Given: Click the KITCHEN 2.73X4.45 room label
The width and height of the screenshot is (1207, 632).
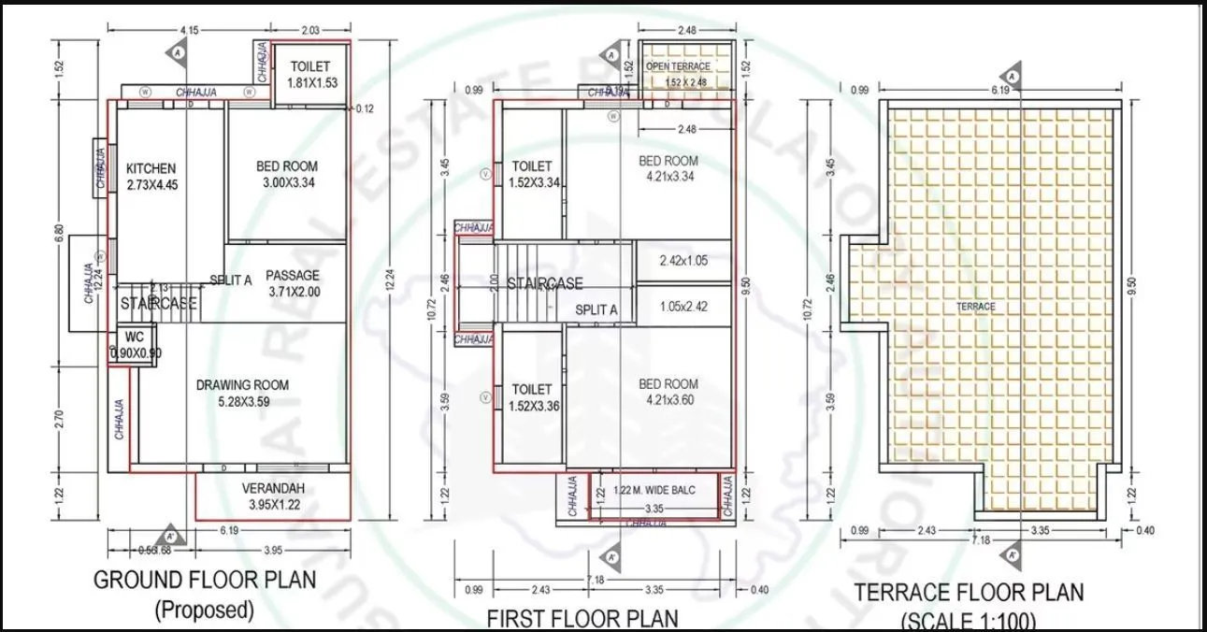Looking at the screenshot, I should click(x=151, y=177).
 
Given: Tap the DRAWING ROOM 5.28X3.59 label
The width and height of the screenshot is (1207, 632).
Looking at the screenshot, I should click(x=242, y=393).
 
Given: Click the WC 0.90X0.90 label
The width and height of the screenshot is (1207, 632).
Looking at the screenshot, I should click(x=134, y=346).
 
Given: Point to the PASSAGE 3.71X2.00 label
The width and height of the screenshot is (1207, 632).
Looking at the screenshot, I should click(x=293, y=283).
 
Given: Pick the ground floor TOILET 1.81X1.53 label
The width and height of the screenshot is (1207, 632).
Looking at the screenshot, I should click(x=312, y=75).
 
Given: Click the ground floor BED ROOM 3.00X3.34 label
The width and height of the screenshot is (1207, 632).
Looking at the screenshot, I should click(x=285, y=175).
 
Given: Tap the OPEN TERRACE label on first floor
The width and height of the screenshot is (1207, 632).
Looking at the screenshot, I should click(x=678, y=67).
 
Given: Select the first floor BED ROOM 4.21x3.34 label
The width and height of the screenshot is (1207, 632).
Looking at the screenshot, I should click(x=668, y=168).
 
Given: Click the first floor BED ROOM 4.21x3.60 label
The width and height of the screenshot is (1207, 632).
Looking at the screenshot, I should click(x=668, y=392).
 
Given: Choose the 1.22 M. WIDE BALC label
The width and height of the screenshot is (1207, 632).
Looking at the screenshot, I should click(x=654, y=490).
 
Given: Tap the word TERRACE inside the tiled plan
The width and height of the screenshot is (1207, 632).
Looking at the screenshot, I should click(x=975, y=307).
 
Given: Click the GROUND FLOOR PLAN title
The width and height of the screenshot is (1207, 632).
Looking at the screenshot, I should click(x=205, y=580).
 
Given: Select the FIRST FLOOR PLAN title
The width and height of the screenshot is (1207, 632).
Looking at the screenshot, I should click(x=582, y=618).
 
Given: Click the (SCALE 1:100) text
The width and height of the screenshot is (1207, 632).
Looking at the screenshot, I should click(x=968, y=621).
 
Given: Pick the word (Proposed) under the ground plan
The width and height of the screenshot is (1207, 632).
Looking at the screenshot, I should click(x=204, y=610).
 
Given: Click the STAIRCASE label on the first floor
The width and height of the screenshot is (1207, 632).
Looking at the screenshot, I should click(x=544, y=283).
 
